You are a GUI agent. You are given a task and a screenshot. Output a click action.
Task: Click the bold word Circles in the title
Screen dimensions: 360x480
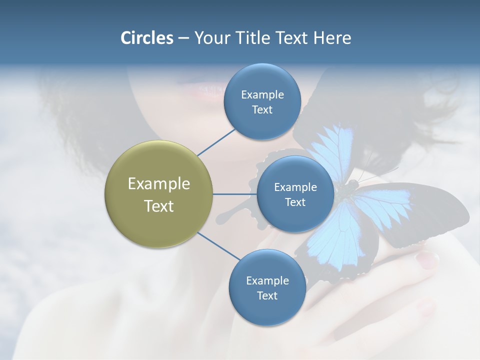tap(146, 38)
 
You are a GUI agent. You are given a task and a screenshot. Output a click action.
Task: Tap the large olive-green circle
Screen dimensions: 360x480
tap(158, 194)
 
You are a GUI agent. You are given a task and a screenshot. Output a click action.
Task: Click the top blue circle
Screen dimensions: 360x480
tap(262, 101)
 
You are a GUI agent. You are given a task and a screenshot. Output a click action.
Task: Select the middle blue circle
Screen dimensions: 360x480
tap(295, 194)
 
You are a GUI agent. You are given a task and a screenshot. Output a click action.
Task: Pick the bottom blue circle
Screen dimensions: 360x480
tap(267, 287)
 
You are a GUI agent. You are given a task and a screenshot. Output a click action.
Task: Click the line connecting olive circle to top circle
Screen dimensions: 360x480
tap(216, 142)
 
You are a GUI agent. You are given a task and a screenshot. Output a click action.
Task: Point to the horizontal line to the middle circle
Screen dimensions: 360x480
tap(234, 194)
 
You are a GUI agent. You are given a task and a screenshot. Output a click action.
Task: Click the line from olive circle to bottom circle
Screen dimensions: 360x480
tap(219, 246)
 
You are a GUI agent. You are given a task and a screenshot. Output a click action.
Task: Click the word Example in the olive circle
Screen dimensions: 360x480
tap(158, 183)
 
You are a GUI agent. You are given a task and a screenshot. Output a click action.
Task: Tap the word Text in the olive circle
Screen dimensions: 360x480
tap(158, 206)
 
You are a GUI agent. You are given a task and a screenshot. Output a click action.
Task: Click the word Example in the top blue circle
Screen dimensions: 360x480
tap(262, 94)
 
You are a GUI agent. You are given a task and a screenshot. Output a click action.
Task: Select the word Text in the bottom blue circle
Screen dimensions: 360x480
tap(267, 295)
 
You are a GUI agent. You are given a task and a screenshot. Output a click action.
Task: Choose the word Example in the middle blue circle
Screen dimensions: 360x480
tap(295, 187)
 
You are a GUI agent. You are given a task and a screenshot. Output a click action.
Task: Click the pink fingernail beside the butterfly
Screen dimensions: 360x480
tap(427, 259)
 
